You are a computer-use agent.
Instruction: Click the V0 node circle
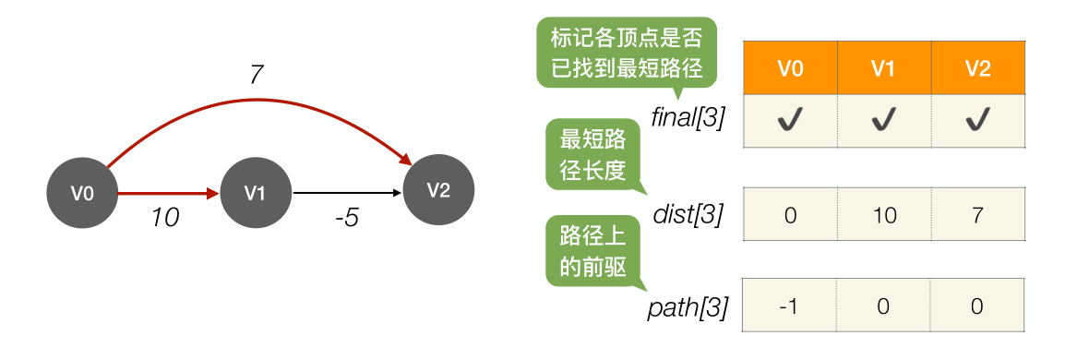click(x=82, y=194)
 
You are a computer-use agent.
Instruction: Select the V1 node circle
click(x=255, y=194)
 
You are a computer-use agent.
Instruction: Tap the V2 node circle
click(x=438, y=190)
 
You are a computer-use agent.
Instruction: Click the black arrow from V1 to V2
click(x=346, y=194)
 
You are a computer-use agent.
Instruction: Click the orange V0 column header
click(x=790, y=67)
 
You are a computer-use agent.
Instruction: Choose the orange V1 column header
click(x=884, y=67)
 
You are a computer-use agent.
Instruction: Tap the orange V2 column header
click(x=977, y=67)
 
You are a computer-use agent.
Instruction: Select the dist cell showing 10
click(x=884, y=215)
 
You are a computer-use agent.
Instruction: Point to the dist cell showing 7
click(x=977, y=215)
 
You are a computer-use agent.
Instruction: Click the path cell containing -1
click(x=790, y=305)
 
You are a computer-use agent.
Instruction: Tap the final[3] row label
click(x=688, y=119)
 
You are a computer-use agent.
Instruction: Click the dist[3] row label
click(x=688, y=215)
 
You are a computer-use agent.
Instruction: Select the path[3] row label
click(x=688, y=305)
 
